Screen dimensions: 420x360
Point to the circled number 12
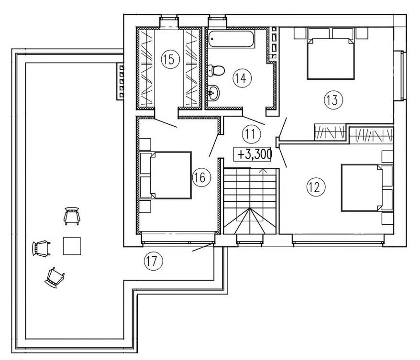(x=316, y=187)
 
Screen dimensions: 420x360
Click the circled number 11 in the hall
(x=251, y=133)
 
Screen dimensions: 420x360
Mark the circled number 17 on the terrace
(x=154, y=261)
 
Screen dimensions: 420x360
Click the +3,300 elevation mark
(x=252, y=154)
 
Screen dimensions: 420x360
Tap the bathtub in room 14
(x=231, y=39)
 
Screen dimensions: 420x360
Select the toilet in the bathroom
(x=216, y=70)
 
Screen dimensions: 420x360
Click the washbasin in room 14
(x=214, y=93)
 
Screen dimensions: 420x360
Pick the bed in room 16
(x=166, y=175)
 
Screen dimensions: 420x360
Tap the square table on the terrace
(x=72, y=246)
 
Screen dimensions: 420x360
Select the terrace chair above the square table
(x=72, y=216)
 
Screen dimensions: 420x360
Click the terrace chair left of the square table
(x=41, y=248)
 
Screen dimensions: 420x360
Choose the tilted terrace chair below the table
(x=55, y=278)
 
